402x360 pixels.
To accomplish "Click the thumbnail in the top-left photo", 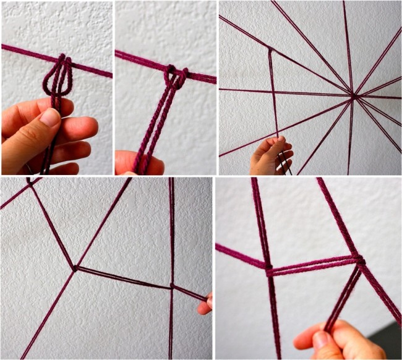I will tap(49, 118).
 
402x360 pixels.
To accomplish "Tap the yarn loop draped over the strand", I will tap(57, 77).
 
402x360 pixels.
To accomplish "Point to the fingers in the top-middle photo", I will tap(139, 163).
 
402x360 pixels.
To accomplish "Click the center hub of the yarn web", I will tap(353, 95).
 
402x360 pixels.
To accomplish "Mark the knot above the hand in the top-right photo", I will tap(269, 49).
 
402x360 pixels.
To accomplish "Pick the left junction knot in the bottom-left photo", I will tap(75, 268).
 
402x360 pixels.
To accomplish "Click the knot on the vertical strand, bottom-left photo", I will tap(171, 286).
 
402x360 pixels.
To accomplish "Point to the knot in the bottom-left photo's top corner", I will tap(29, 182).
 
